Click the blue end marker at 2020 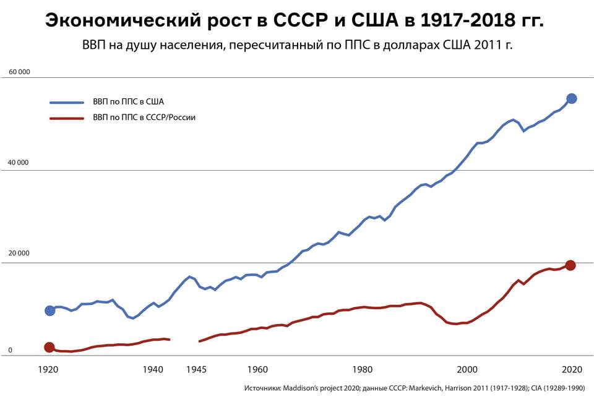[x=572, y=98]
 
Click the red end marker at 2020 [x=570, y=265]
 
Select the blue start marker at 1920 [x=49, y=310]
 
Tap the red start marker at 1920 [x=49, y=348]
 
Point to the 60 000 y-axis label [x=19, y=72]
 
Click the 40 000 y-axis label [x=19, y=163]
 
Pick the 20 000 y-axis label [x=19, y=254]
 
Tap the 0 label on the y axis [x=10, y=351]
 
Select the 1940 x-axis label [x=153, y=370]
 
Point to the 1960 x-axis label [x=257, y=370]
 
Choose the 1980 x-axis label [x=362, y=370]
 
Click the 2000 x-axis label [x=467, y=370]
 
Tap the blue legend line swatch [x=66, y=102]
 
